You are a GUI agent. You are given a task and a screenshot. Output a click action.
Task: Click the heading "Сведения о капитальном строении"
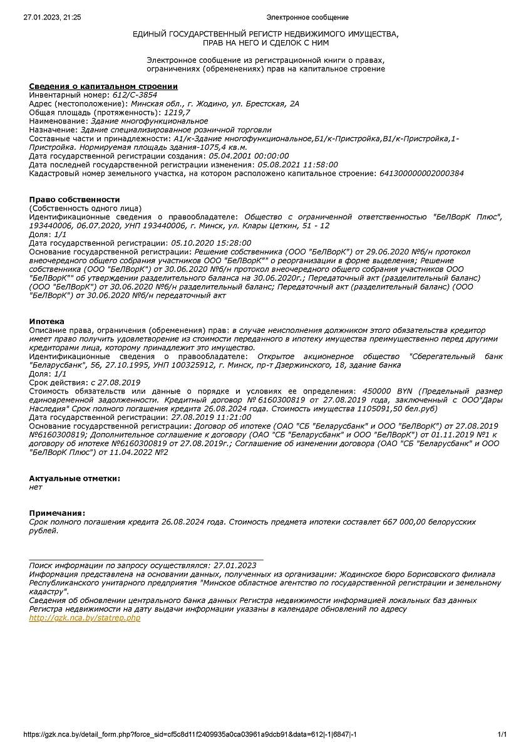[103, 86]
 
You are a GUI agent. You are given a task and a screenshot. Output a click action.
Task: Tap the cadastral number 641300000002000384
[421, 173]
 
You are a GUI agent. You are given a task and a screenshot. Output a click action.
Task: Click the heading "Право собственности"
[75, 199]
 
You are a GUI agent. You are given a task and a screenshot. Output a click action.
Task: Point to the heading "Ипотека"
[47, 321]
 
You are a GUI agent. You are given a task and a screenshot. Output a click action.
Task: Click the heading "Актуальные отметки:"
[75, 479]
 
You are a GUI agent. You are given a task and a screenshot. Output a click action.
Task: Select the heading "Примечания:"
[57, 513]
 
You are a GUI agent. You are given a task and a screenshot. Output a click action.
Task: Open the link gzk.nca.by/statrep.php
[85, 618]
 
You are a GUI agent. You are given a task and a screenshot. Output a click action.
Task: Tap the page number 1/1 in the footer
[502, 734]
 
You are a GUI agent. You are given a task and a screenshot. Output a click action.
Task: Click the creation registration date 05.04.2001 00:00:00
[249, 155]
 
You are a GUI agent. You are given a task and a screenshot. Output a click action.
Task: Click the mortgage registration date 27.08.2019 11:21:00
[211, 417]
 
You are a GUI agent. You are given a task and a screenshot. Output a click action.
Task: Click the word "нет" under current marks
[36, 487]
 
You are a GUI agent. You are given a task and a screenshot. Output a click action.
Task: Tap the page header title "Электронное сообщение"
[307, 17]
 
